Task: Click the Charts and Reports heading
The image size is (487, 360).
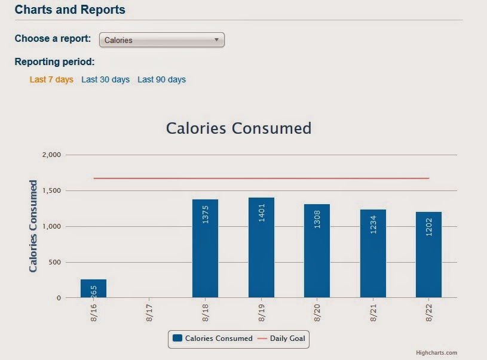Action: click(x=70, y=10)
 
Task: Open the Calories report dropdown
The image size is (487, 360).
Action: click(x=161, y=40)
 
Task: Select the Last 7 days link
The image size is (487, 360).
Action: click(x=51, y=79)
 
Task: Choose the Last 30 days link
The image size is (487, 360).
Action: click(x=105, y=79)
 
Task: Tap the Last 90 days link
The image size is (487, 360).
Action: click(x=161, y=79)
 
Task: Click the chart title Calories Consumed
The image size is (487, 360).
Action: click(x=238, y=128)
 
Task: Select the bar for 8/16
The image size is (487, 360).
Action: click(x=93, y=288)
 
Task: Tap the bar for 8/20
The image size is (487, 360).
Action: click(x=317, y=251)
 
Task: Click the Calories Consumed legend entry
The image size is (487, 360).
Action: click(x=213, y=339)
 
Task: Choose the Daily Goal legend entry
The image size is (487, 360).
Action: click(x=282, y=339)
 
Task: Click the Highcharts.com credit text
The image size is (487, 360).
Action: click(x=436, y=353)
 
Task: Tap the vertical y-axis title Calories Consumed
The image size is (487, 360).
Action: click(x=33, y=226)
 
